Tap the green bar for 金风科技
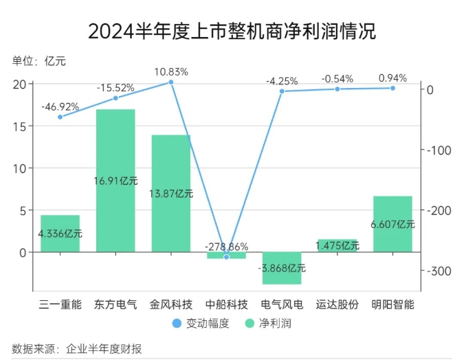coord(170,165)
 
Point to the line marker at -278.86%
coord(226,257)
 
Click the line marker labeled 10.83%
coord(171,82)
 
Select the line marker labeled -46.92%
coord(60,117)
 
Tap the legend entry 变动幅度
coord(201,323)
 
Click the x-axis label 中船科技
coord(226,303)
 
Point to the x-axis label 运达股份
coord(337,303)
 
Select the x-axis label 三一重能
coord(60,303)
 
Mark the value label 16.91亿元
coord(115,181)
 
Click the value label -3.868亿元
coord(282,268)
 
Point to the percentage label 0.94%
coord(392,78)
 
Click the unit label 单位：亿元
coord(38,60)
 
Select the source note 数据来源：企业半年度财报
coord(76,349)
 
